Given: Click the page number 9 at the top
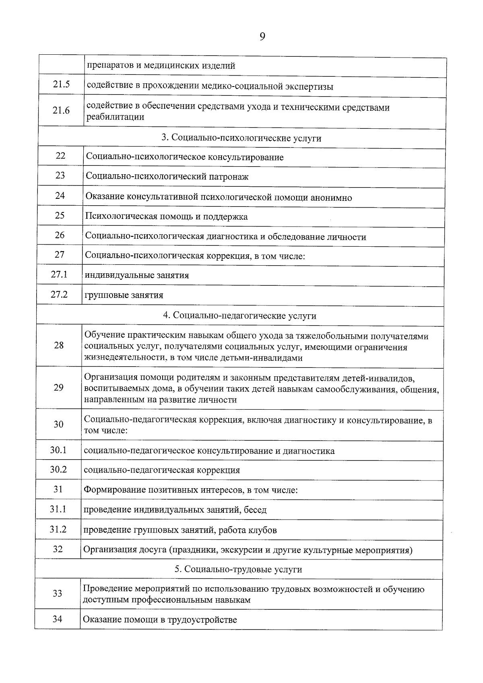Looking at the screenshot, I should point(262,37).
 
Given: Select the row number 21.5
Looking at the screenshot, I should point(61,85).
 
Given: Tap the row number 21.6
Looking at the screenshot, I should point(61,110).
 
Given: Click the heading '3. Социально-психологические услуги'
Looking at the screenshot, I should point(242,138).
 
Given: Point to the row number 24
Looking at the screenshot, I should point(60,196).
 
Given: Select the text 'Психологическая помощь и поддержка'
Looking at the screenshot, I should point(166,217).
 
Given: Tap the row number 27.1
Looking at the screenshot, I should point(59,274).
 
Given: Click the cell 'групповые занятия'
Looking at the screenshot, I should point(124,295).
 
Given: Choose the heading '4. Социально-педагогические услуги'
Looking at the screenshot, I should point(240,316).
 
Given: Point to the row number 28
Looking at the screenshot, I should point(59,345).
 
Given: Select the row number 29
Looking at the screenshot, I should point(58,388).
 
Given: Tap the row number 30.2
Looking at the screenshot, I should point(58,470).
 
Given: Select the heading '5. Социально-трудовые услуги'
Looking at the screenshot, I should point(238,570).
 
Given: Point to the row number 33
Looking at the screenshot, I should point(58,594).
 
